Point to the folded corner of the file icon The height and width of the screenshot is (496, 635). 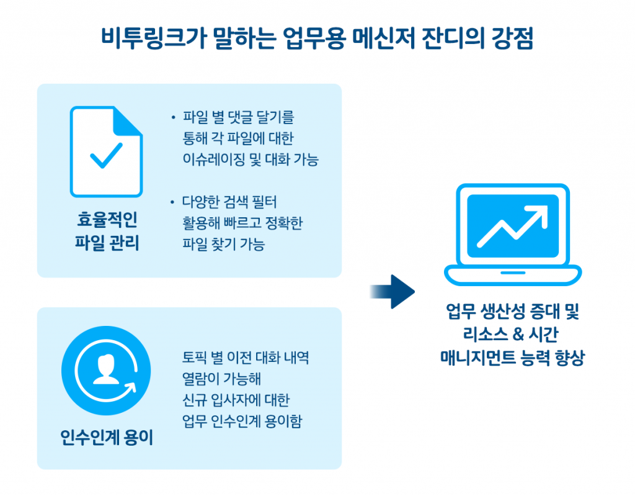[x=129, y=120]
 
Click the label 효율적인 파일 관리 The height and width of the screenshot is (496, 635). [x=106, y=231]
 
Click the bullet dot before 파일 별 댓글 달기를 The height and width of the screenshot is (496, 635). [x=173, y=117]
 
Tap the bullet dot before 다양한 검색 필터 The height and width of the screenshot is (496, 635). [x=173, y=202]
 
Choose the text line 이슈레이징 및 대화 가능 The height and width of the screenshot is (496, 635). [x=250, y=160]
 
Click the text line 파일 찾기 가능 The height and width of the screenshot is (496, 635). [x=223, y=245]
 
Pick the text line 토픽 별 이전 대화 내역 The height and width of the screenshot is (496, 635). [x=246, y=358]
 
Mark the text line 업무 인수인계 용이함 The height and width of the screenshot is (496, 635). [x=242, y=422]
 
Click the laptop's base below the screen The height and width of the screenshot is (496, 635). [x=513, y=273]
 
